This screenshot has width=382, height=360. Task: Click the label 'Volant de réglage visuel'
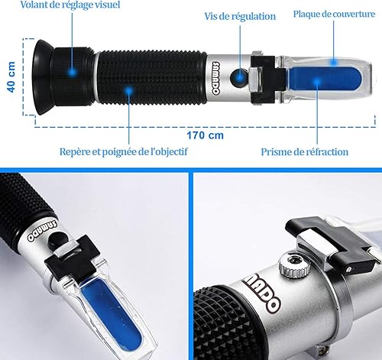tap(70, 5)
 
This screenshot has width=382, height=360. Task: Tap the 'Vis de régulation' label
tap(240, 16)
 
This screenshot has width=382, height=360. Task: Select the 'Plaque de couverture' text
tap(334, 14)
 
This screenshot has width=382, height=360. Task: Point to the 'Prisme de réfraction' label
tap(305, 152)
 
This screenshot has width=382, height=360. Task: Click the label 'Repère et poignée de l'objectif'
tap(124, 151)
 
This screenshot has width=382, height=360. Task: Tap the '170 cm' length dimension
tap(206, 135)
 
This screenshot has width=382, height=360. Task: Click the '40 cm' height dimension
tap(11, 77)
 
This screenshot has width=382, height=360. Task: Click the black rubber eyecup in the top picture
tap(42, 77)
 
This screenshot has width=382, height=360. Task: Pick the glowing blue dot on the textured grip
tap(129, 91)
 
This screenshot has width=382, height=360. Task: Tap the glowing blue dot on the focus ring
tap(73, 72)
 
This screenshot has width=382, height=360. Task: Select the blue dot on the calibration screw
tap(240, 76)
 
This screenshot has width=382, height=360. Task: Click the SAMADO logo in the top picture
tap(215, 78)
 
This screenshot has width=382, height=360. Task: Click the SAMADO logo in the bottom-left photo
tap(42, 230)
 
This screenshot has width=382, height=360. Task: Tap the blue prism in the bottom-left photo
tap(112, 313)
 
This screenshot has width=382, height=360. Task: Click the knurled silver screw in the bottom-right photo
tap(294, 265)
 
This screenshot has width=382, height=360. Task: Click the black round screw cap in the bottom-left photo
tap(57, 240)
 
